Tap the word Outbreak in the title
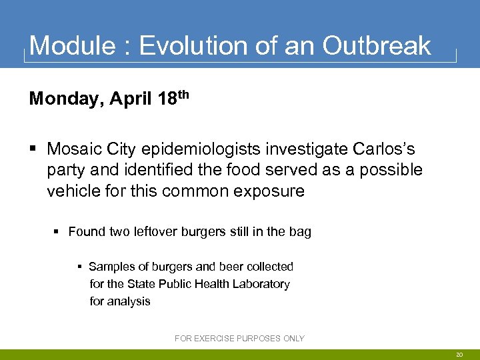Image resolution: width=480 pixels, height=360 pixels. click(377, 46)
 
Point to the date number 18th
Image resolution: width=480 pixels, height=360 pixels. click(173, 99)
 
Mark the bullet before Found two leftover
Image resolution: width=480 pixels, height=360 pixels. click(57, 232)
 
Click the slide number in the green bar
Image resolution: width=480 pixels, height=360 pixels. click(459, 355)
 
